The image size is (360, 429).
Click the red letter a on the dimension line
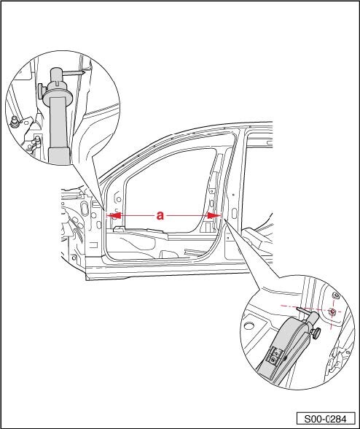160,216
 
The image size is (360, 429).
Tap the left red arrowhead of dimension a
114,216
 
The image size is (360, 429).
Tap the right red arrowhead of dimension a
214,216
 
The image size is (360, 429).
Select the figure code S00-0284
325,419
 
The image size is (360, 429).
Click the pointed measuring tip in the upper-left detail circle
83,73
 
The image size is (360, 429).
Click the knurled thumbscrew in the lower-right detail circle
316,334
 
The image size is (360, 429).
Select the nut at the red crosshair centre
332,311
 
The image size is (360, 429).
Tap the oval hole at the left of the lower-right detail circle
249,325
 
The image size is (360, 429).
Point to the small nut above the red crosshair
335,295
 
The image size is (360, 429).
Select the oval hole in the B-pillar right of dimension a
234,214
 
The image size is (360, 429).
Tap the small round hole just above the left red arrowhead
119,199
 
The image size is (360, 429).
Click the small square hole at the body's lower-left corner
74,258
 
